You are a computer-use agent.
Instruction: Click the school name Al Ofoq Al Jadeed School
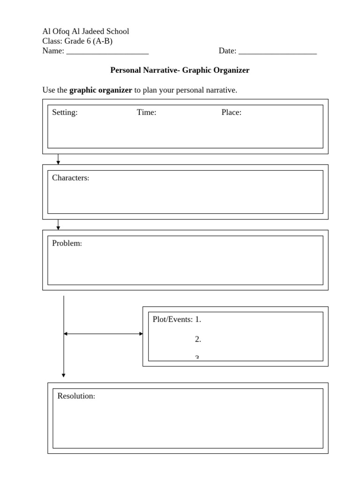pyautogui.click(x=86, y=31)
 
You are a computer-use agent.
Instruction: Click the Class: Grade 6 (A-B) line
pyautogui.click(x=77, y=41)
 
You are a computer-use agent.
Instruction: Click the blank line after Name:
pyautogui.click(x=107, y=52)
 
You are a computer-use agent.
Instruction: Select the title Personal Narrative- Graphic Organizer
pyautogui.click(x=180, y=70)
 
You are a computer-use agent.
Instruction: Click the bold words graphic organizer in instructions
pyautogui.click(x=101, y=90)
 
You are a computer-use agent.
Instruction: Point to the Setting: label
pyautogui.click(x=65, y=112)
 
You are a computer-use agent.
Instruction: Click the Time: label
pyautogui.click(x=146, y=112)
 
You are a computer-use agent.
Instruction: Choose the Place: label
pyautogui.click(x=232, y=112)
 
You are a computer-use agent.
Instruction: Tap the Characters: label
pyautogui.click(x=70, y=178)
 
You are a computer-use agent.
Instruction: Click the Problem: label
pyautogui.click(x=67, y=243)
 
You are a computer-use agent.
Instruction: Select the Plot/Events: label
pyautogui.click(x=172, y=320)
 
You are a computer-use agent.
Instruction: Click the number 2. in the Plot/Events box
pyautogui.click(x=198, y=339)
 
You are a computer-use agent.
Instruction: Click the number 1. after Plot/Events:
pyautogui.click(x=198, y=320)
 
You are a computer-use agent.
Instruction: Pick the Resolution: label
pyautogui.click(x=76, y=396)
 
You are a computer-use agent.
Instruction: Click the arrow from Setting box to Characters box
pyautogui.click(x=58, y=159)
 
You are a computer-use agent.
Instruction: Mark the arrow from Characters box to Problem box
pyautogui.click(x=58, y=225)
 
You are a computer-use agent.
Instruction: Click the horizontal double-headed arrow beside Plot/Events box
pyautogui.click(x=103, y=334)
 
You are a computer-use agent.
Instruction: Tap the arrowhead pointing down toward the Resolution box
pyautogui.click(x=64, y=375)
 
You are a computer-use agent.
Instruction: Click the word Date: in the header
pyautogui.click(x=227, y=51)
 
